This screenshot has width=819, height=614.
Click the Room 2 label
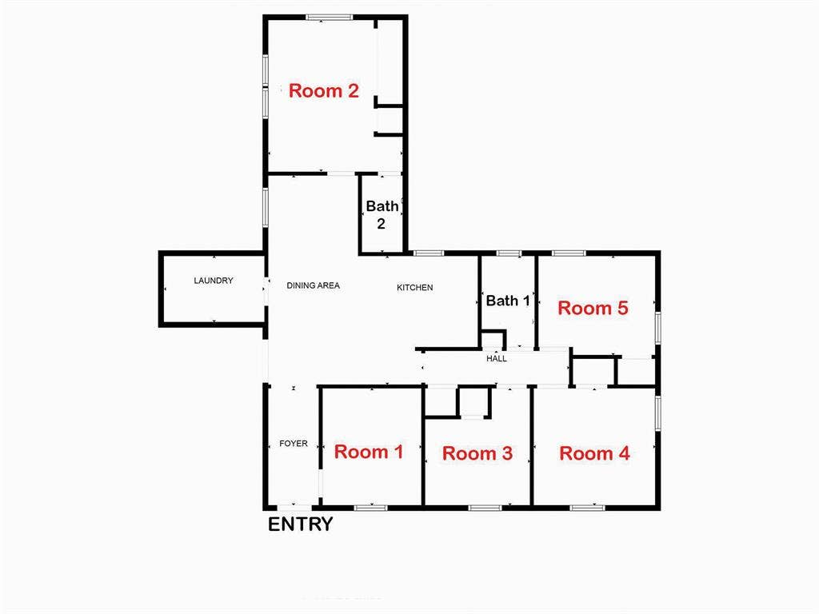(323, 90)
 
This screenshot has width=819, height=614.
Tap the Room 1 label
(368, 452)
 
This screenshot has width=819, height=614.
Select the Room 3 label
(477, 453)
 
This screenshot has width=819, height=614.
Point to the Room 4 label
(594, 453)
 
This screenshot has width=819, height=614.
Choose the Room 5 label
(593, 308)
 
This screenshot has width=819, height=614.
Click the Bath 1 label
(508, 301)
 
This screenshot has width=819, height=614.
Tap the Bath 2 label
(382, 215)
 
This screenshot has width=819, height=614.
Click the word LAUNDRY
(214, 281)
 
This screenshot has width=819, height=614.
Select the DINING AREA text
(314, 285)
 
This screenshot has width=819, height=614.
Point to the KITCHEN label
(415, 287)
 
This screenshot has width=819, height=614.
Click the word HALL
(497, 359)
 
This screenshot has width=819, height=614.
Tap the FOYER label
(293, 444)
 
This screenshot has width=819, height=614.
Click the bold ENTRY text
(300, 524)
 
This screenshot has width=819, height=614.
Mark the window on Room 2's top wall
(329, 17)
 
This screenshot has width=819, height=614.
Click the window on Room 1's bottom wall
(370, 507)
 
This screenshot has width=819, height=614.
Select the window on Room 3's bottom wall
(485, 507)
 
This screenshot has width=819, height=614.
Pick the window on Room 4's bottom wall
(587, 507)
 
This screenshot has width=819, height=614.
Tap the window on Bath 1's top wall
(508, 253)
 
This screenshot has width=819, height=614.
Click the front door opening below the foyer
(294, 507)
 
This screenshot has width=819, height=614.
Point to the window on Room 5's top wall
(568, 253)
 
